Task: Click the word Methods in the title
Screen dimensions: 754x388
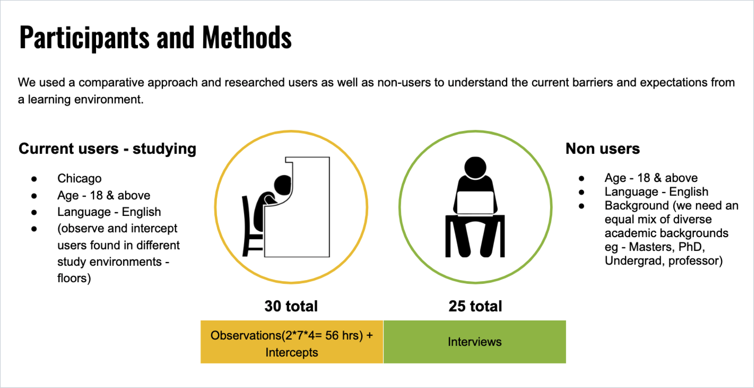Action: (247, 37)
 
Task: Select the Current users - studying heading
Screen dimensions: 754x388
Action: (107, 149)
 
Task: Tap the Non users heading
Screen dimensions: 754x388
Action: (602, 148)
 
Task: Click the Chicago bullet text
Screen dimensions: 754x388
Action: (79, 179)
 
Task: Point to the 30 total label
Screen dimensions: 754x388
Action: (291, 306)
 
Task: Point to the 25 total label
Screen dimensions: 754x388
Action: (475, 306)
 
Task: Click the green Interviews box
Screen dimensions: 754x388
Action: (475, 342)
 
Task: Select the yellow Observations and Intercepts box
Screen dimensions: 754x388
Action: (292, 342)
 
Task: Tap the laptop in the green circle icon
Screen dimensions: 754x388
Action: (475, 203)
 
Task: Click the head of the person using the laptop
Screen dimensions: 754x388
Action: (475, 167)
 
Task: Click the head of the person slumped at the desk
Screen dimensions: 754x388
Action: (283, 185)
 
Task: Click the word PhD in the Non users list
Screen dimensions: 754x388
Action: (691, 247)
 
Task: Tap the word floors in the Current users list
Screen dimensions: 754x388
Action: (74, 278)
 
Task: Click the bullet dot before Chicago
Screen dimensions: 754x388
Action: (34, 179)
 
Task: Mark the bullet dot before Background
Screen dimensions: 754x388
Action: (581, 206)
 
